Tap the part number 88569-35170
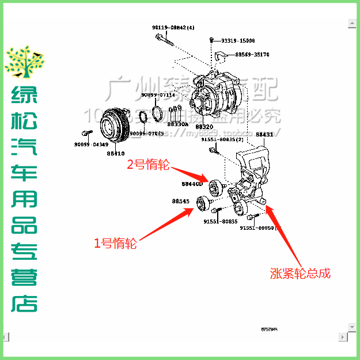(x=252, y=55)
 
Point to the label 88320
(x=204, y=127)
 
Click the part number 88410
(x=115, y=153)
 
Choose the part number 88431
(x=264, y=134)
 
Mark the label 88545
(x=180, y=201)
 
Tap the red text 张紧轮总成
(x=300, y=272)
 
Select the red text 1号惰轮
(x=115, y=244)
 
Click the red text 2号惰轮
(x=148, y=165)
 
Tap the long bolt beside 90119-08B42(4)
(x=164, y=39)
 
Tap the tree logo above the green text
(x=24, y=62)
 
